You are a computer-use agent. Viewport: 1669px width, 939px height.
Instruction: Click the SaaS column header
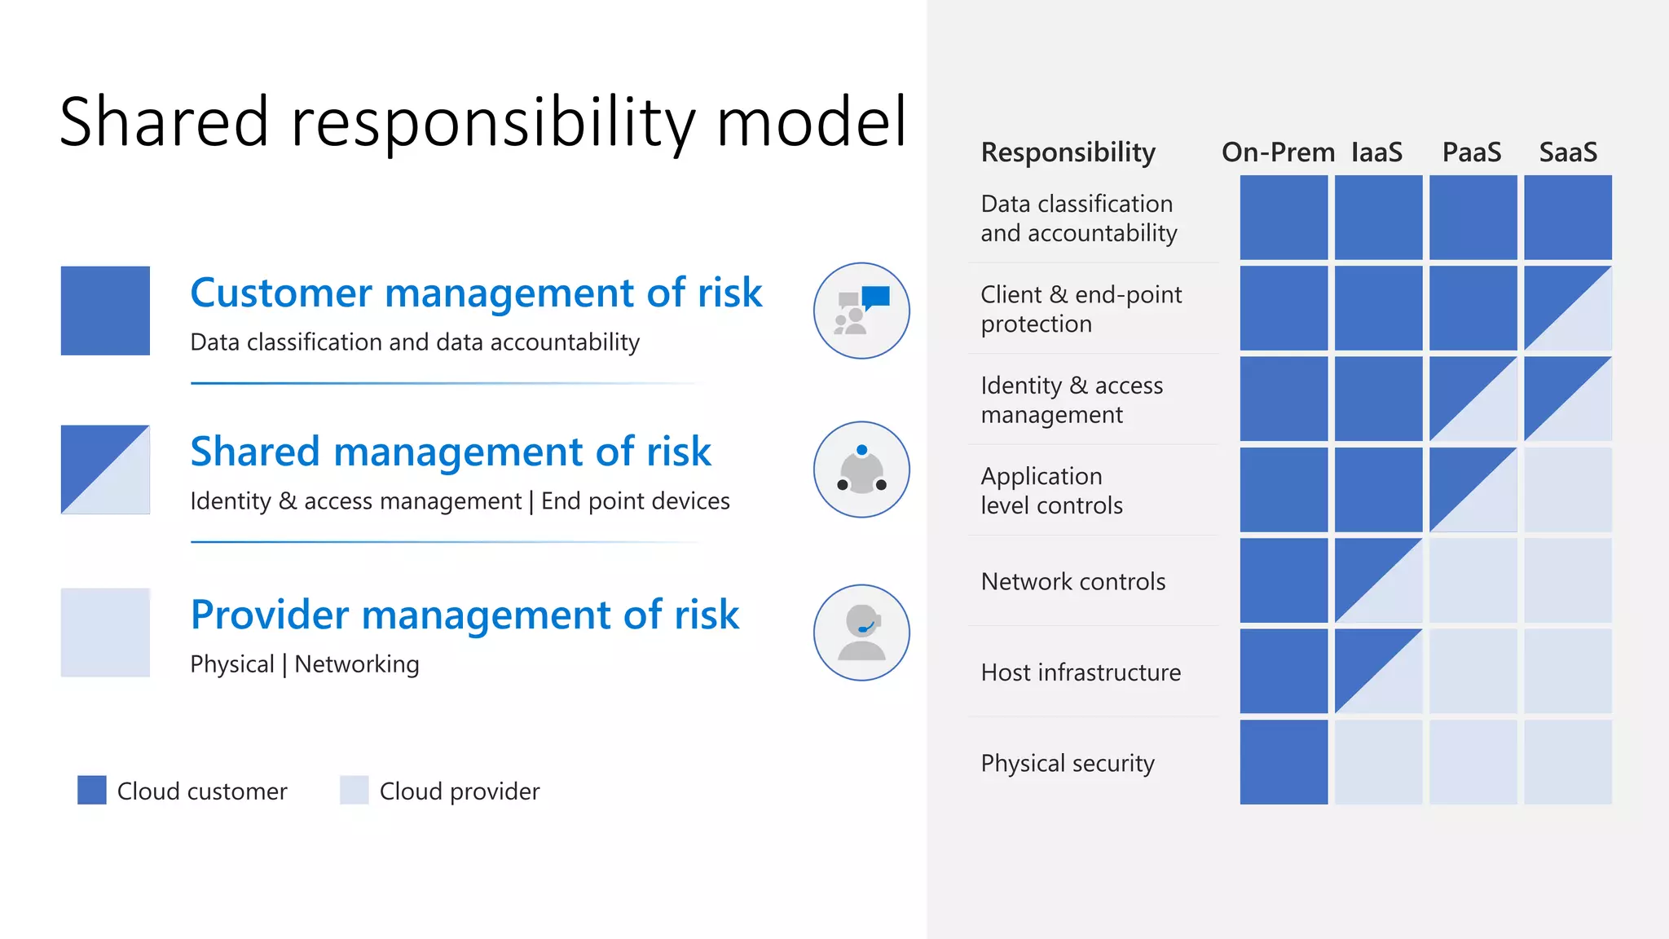pos(1567,152)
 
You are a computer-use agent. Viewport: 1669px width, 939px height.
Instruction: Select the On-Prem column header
pos(1277,152)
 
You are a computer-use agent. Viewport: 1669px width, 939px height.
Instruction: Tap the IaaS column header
pos(1376,152)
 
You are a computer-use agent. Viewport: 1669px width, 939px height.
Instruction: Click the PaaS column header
pos(1471,152)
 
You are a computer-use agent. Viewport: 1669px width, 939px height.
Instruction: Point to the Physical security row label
pos(1068,764)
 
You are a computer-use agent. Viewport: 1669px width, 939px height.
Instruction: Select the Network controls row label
pos(1072,582)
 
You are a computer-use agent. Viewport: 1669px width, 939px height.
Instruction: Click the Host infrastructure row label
pos(1080,672)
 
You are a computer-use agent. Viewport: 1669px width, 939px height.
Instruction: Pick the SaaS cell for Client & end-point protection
pos(1567,308)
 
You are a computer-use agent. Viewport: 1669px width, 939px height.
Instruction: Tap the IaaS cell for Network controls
pos(1378,580)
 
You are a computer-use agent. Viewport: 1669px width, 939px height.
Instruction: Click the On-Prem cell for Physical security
pos(1284,762)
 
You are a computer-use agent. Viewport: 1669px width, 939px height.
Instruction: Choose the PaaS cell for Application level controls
pos(1473,490)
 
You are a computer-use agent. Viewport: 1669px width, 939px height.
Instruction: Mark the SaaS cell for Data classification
pos(1567,218)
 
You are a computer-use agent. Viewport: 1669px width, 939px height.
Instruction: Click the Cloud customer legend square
pos(92,790)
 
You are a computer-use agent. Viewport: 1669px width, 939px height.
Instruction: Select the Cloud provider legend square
pos(354,790)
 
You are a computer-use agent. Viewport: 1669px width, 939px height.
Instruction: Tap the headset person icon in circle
pos(861,633)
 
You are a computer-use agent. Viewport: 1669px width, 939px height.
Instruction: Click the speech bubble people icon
pos(861,311)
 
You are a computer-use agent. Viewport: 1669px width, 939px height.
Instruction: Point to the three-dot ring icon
pos(861,469)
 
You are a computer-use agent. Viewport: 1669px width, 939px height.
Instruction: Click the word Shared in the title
pos(164,122)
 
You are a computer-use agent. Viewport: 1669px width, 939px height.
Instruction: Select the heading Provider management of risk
pos(465,615)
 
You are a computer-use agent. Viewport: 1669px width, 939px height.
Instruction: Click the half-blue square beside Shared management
pos(105,469)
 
